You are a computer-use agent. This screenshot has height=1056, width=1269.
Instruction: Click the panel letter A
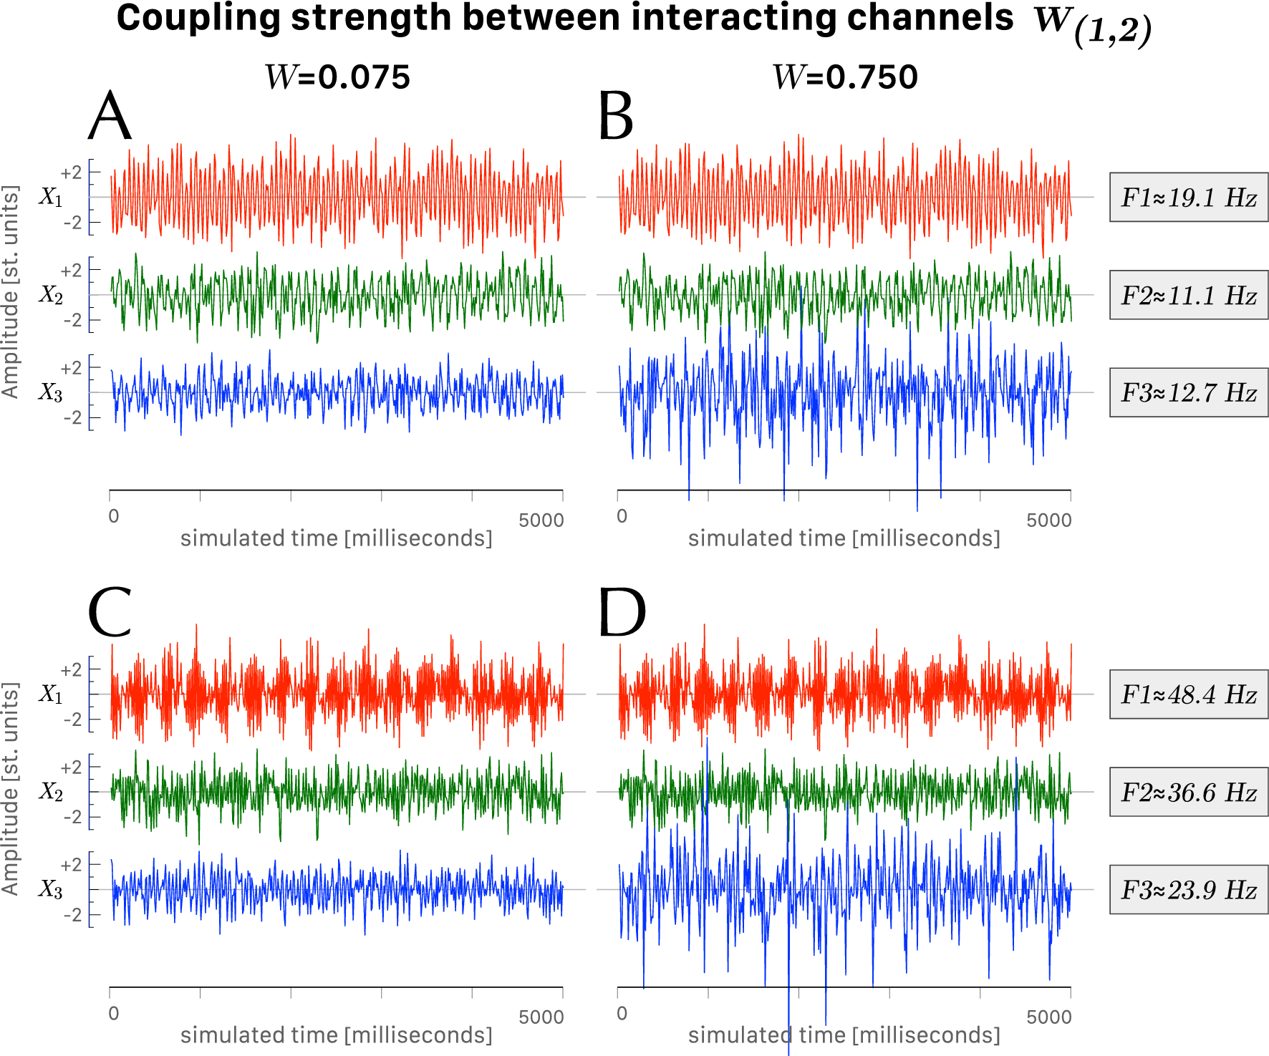pos(110,117)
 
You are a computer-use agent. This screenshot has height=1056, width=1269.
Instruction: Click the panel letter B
pos(616,117)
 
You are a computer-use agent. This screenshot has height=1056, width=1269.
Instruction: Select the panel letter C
pos(110,613)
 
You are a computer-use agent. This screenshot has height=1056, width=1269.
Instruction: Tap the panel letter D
pos(622,613)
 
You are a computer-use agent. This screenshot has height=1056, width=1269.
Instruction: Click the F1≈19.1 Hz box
pos(1188,197)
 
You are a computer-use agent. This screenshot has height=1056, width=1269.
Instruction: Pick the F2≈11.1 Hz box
pos(1188,295)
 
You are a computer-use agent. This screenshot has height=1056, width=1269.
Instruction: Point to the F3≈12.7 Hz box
pos(1188,392)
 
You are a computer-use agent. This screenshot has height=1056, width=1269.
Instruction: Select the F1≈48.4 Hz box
pos(1188,694)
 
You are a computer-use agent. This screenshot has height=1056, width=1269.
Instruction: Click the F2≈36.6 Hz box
pos(1188,792)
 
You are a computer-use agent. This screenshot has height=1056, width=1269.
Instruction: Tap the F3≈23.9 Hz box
pos(1188,890)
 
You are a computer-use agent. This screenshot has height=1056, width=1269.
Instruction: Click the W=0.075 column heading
pos(337,77)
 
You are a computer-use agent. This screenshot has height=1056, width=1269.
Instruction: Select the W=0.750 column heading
pos(845,77)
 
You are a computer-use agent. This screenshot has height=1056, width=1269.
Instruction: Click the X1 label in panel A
pos(51,197)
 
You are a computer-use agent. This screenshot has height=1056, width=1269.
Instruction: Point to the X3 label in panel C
pos(51,890)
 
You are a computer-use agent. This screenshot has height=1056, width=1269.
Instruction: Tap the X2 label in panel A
pos(51,295)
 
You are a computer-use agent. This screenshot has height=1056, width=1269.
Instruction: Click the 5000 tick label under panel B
pos(1048,520)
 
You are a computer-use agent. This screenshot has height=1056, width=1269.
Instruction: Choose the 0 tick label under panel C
pos(114,1014)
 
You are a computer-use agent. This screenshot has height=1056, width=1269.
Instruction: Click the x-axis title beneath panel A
pos(336,538)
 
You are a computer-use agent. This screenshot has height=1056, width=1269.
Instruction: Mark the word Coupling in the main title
pos(198,18)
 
